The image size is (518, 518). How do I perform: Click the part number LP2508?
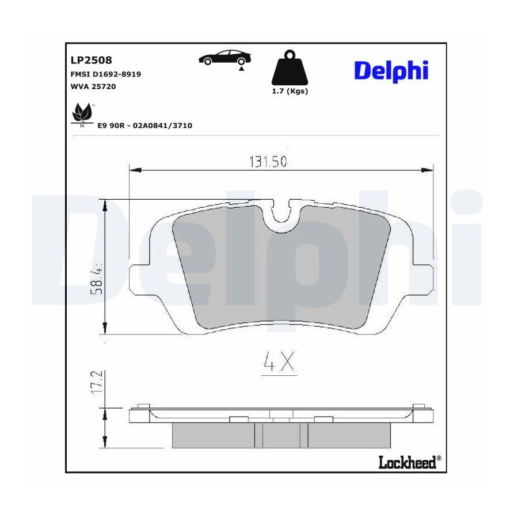click(91, 60)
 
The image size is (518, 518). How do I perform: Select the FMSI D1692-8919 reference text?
click(106, 74)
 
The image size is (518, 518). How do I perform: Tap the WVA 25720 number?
click(93, 86)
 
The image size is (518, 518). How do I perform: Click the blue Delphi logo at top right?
click(391, 71)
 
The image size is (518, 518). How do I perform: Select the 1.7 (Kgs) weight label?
click(290, 91)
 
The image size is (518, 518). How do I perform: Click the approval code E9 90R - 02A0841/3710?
click(144, 125)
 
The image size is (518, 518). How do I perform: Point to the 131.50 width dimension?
click(268, 162)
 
